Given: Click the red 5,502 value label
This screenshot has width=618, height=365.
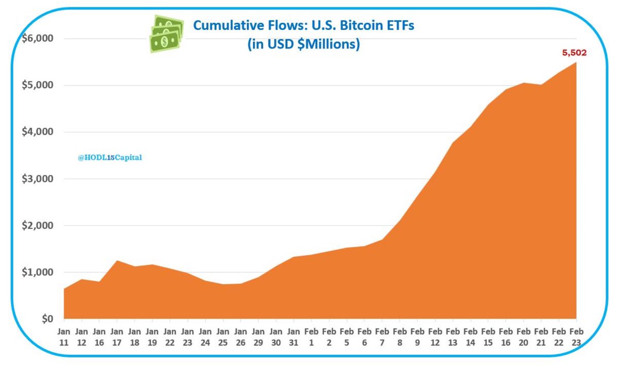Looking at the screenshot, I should click(574, 53).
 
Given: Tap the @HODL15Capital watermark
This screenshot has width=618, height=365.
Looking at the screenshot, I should click(110, 158).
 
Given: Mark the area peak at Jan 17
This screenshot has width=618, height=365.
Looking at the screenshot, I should click(117, 261).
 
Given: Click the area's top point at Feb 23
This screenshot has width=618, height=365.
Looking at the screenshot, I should click(576, 62).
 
